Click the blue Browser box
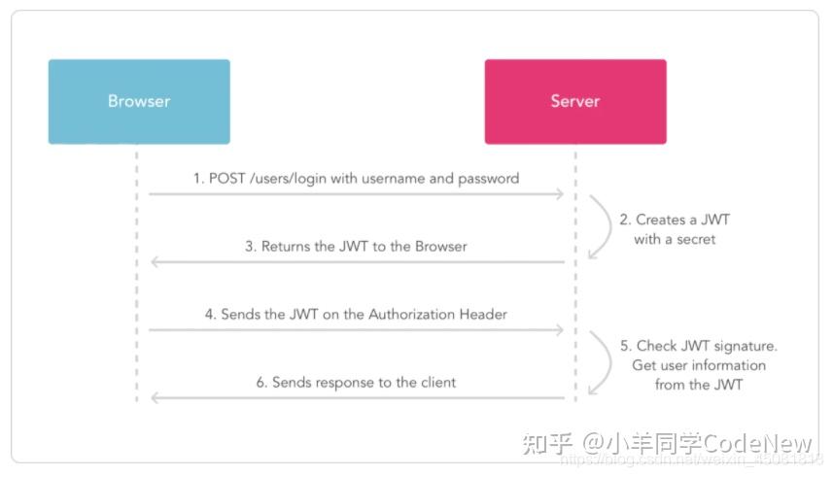click(139, 102)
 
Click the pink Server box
click(575, 102)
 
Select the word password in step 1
click(488, 179)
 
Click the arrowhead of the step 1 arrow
click(559, 194)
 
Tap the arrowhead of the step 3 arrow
click(155, 262)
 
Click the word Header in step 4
click(483, 315)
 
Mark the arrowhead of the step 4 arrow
click(559, 330)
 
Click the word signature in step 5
click(746, 346)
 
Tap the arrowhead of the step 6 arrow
click(155, 398)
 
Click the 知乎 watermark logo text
click(547, 443)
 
